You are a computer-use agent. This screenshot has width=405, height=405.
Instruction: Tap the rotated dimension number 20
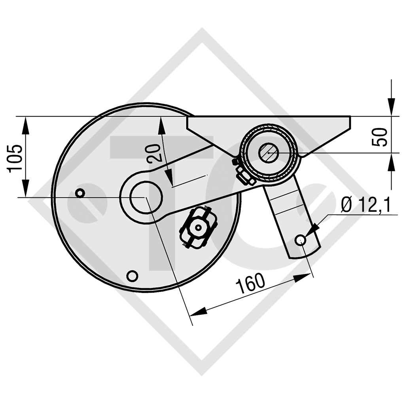click(x=154, y=153)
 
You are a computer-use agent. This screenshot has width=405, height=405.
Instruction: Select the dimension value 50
click(x=380, y=137)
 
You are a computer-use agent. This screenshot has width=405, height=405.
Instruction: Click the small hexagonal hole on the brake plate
click(x=80, y=193)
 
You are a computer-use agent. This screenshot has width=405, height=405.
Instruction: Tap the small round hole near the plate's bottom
click(x=132, y=275)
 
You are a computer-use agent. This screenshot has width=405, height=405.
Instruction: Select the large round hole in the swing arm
click(x=141, y=197)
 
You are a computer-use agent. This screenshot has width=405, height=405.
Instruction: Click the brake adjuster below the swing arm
click(x=198, y=227)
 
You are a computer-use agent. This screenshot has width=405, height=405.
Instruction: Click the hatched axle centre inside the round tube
click(x=269, y=152)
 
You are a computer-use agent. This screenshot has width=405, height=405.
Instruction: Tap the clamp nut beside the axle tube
click(x=245, y=176)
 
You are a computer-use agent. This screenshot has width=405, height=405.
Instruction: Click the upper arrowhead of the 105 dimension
click(x=26, y=125)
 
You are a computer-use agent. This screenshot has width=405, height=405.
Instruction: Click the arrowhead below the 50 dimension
click(x=391, y=162)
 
